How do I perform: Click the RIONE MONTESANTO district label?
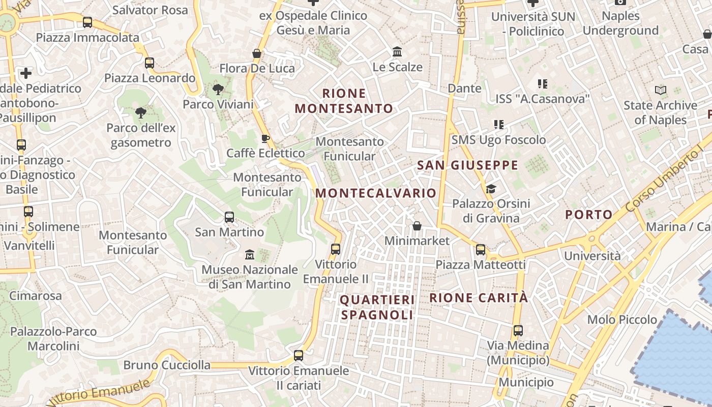click(x=344, y=101)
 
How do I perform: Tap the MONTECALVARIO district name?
click(x=376, y=193)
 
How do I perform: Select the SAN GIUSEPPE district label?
click(x=467, y=165)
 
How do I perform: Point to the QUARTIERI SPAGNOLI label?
click(x=377, y=307)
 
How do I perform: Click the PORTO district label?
click(x=589, y=215)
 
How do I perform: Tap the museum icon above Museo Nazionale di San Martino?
click(x=250, y=254)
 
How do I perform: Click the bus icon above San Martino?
click(x=229, y=217)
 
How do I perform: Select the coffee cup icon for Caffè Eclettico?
click(x=265, y=138)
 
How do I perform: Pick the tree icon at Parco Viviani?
click(x=218, y=90)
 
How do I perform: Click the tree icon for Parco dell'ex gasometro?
click(x=141, y=113)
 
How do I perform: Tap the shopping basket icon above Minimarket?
click(x=417, y=225)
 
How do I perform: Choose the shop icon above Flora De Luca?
click(x=257, y=53)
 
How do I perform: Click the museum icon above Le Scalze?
click(x=397, y=52)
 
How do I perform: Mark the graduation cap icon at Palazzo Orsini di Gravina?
click(x=491, y=189)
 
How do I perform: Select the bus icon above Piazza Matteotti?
click(x=481, y=250)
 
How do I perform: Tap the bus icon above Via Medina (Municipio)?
click(x=518, y=331)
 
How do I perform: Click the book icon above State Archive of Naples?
click(x=661, y=91)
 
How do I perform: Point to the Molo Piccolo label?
click(x=622, y=320)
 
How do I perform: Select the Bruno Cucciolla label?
click(x=167, y=365)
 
